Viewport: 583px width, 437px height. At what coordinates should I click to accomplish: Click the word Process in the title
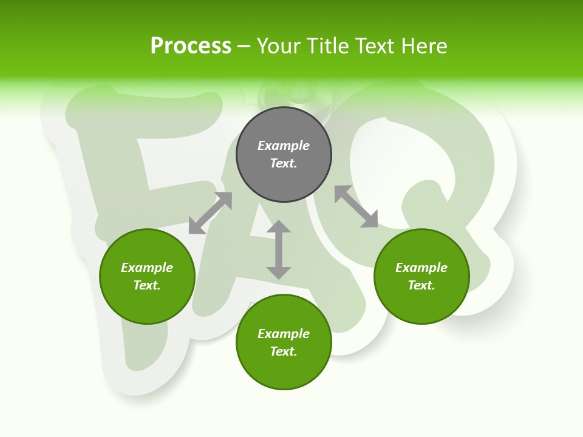(191, 46)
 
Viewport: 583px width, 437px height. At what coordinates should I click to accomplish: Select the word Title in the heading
(331, 46)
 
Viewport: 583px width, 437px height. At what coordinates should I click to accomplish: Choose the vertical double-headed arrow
(279, 249)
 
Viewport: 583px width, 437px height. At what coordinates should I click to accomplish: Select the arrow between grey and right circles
(356, 206)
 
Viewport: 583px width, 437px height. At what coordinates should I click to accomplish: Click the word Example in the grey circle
(284, 146)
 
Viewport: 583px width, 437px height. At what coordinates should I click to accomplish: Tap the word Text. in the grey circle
(284, 163)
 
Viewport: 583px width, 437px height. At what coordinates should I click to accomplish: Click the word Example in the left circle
(147, 268)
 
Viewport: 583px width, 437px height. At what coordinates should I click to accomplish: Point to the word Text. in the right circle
(421, 285)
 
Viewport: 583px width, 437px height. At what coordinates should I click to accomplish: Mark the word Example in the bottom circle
(284, 334)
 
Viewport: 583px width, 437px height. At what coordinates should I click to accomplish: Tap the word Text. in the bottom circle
(284, 351)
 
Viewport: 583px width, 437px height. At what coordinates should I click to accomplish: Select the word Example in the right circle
(421, 268)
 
